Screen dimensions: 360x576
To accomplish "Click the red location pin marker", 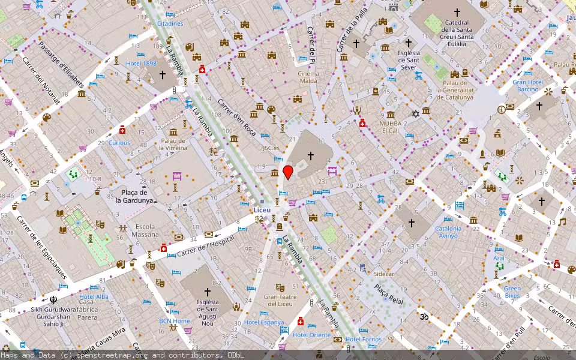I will point(288,172).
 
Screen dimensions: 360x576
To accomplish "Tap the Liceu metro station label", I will point(262,210).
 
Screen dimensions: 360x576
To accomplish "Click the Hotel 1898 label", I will point(140,64).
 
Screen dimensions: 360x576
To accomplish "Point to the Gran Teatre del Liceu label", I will point(280,300).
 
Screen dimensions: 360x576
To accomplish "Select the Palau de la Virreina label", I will point(173,144).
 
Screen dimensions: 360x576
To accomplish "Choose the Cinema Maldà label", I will point(308,77).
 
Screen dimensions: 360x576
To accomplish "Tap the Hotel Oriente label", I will point(311,335).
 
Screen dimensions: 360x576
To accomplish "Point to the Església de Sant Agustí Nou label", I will point(208,313).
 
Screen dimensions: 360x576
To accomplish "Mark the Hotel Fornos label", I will point(363,340).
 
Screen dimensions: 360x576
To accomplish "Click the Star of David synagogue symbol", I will point(415,113).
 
